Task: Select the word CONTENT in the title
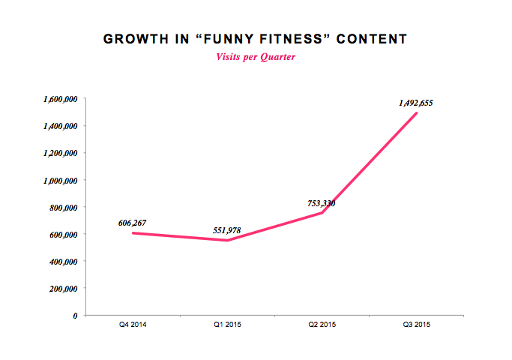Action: [372, 38]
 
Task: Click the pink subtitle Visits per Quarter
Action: [256, 57]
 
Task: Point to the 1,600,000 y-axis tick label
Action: [59, 99]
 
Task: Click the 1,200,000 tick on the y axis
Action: [59, 153]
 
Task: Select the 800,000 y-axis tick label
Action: [64, 207]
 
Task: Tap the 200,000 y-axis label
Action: [64, 288]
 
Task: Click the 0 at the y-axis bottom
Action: [75, 315]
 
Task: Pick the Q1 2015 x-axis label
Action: [227, 325]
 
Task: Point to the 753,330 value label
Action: [322, 202]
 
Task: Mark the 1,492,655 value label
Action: [416, 103]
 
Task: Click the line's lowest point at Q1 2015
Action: [227, 240]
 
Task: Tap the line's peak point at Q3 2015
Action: [416, 113]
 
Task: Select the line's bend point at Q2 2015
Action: [322, 213]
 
